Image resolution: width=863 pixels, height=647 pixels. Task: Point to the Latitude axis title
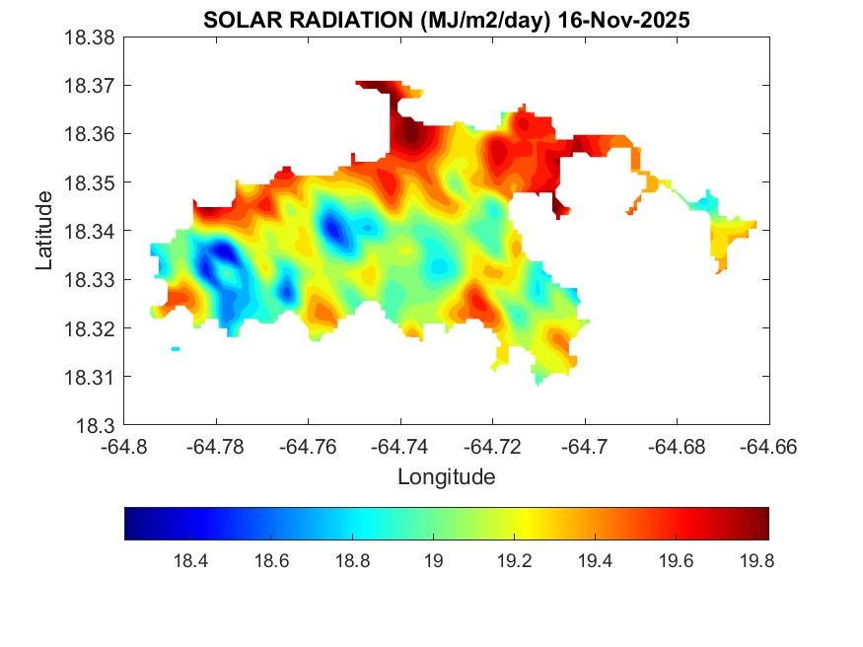pos(44,231)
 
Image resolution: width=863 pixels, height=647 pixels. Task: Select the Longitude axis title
pos(446,477)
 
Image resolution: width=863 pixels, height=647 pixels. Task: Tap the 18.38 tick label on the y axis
pos(91,37)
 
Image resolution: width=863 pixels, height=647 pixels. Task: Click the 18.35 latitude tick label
pos(91,182)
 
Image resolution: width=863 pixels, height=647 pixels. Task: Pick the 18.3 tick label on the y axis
pos(100,426)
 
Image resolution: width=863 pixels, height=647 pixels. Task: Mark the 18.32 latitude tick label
pos(91,328)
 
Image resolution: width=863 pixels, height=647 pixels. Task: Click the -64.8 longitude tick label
pos(124,447)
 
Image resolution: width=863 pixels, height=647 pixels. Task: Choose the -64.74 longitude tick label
pos(399,447)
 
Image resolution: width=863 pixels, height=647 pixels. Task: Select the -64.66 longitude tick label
pos(768,447)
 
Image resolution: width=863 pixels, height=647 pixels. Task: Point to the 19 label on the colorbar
pos(433,562)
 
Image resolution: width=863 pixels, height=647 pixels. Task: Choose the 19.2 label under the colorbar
pos(514,562)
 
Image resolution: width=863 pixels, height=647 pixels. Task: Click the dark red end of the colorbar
pos(762,524)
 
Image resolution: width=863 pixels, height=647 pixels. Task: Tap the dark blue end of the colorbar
pos(131,524)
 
